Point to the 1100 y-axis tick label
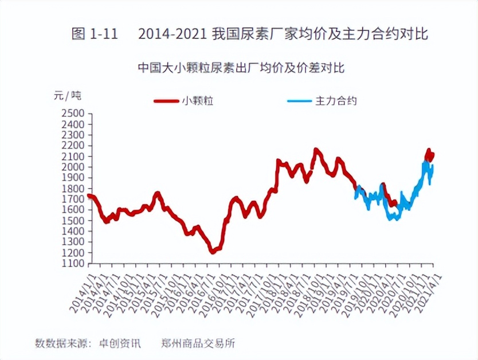point(72,264)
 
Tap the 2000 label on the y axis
point(72,167)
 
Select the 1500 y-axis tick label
point(72,221)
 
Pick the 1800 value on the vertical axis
point(72,189)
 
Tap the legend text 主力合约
point(336,101)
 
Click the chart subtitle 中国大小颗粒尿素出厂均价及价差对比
point(241,68)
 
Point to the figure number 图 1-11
point(94,34)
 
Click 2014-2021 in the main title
point(172,34)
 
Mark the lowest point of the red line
point(213,251)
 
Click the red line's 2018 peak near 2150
point(316,150)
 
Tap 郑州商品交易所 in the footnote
point(198,344)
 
